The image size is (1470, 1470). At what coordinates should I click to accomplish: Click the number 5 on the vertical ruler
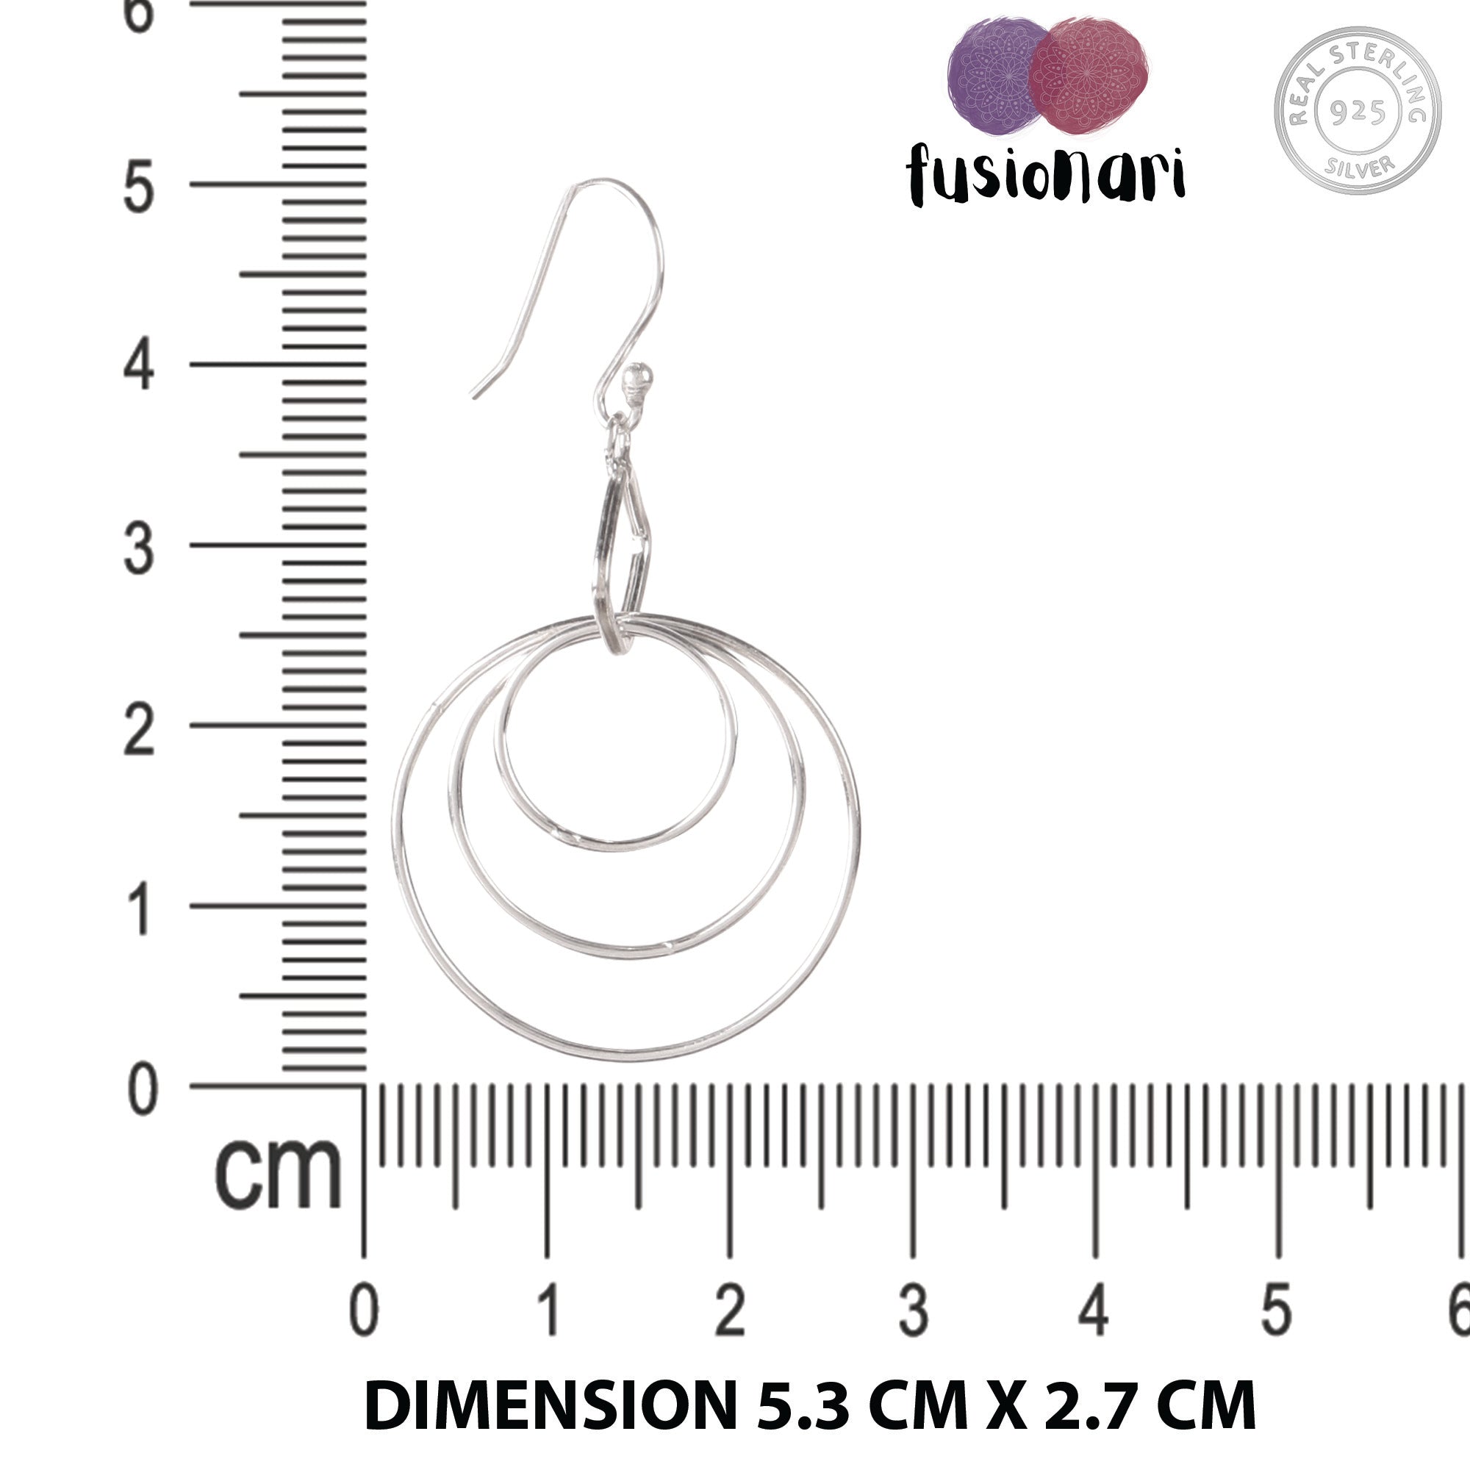tap(138, 187)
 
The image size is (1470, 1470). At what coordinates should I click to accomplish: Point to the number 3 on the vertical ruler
tap(138, 548)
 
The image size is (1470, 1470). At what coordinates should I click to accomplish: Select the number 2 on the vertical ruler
tap(138, 729)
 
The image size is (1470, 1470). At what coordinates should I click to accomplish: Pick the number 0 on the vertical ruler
tap(142, 1090)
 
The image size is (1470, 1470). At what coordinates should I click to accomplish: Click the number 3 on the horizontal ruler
tap(913, 1311)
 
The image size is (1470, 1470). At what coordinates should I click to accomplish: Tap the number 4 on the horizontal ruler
tap(1094, 1311)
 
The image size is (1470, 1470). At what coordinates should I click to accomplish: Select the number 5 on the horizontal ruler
tap(1277, 1311)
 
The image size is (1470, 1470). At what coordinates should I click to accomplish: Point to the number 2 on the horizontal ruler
tap(730, 1311)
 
